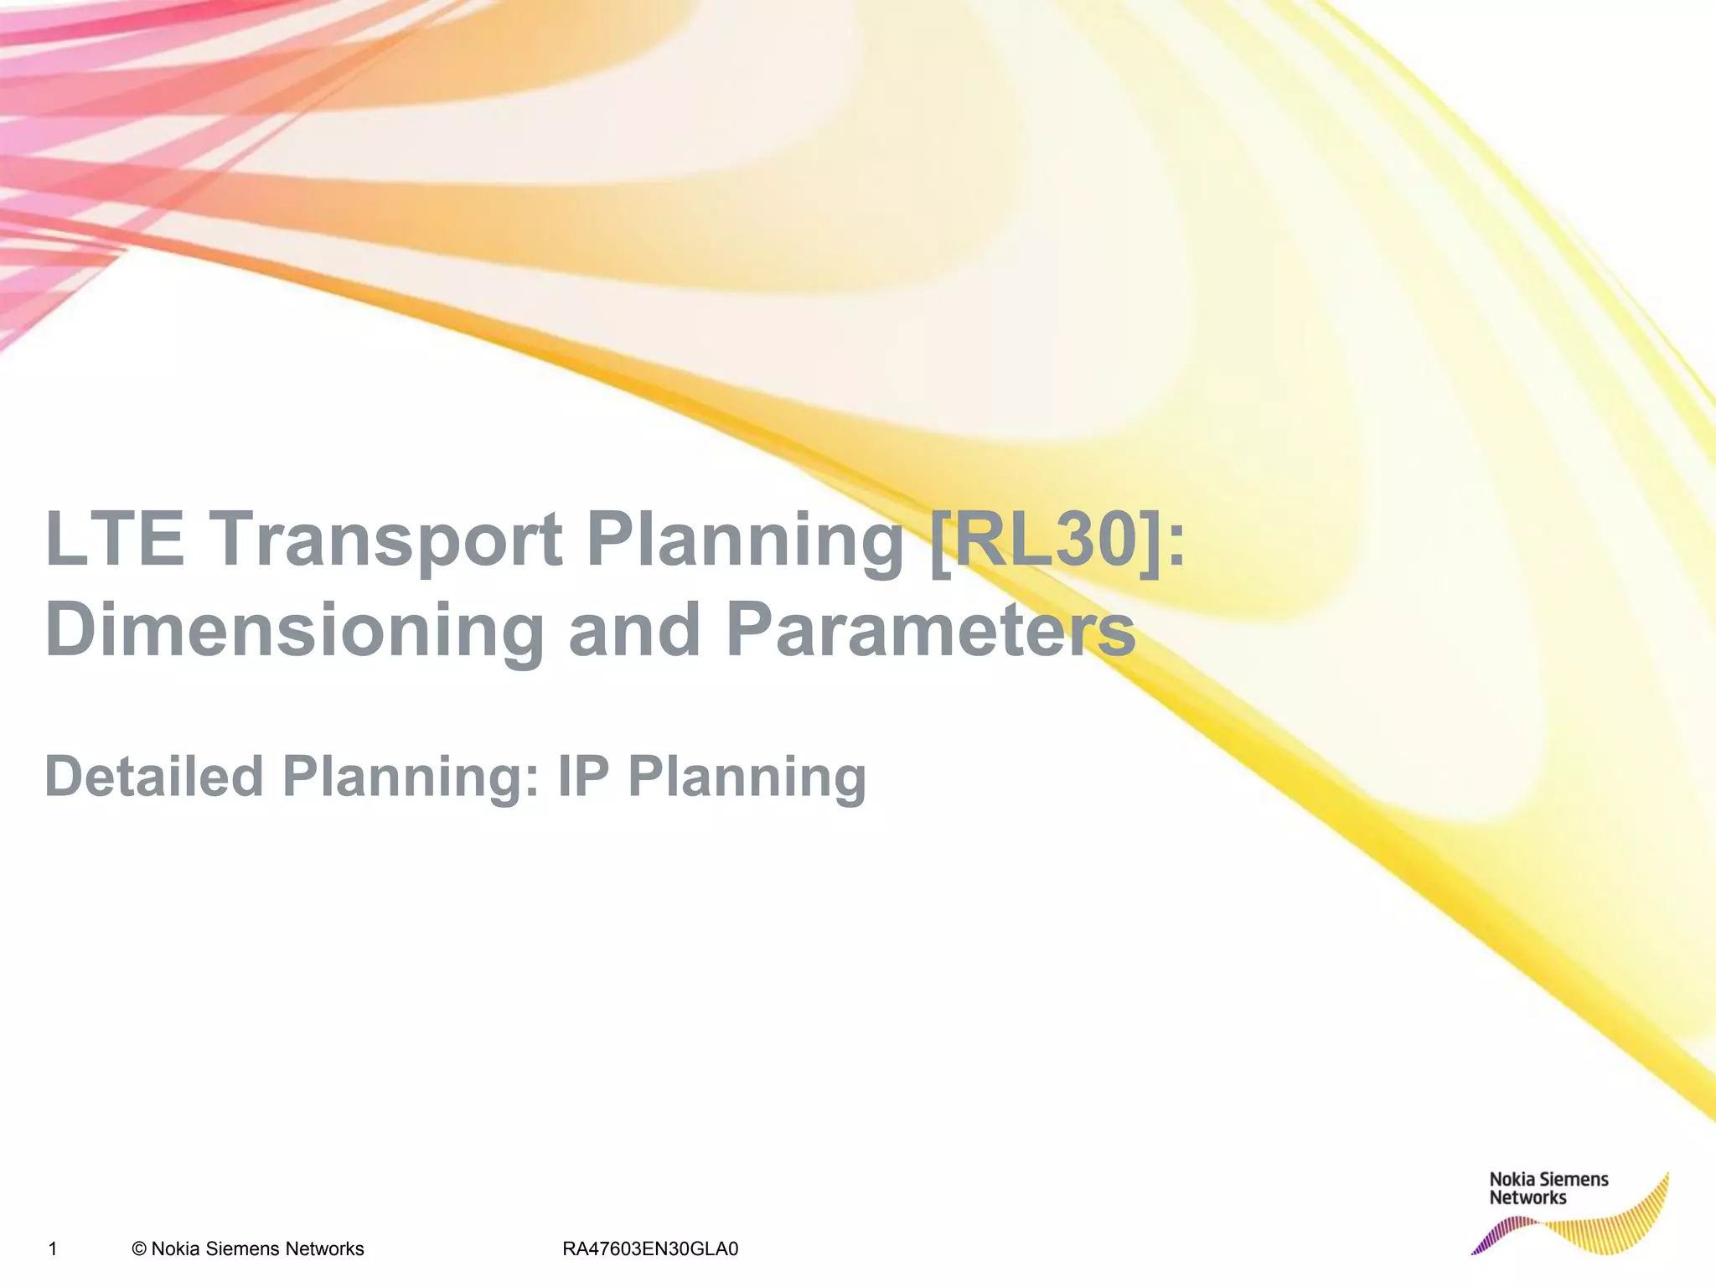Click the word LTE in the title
tap(114, 539)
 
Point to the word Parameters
tap(930, 630)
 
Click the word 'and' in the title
tap(634, 630)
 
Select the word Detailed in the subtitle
tap(154, 776)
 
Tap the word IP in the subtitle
tap(583, 776)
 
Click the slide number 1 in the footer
tap(53, 1249)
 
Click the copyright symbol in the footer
tap(139, 1249)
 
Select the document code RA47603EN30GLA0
tap(650, 1249)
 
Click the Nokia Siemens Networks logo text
tap(1548, 1189)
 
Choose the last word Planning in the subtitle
tap(747, 778)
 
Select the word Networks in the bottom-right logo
tap(1527, 1199)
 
